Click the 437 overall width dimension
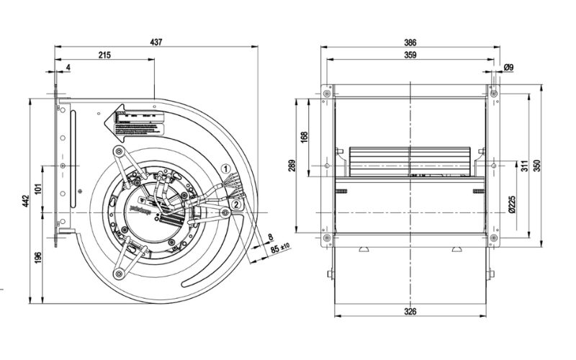[156, 42]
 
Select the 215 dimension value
[104, 56]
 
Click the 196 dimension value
[39, 256]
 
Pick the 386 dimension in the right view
[410, 42]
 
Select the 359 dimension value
[410, 55]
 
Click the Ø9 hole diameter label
[508, 68]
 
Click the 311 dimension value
[524, 166]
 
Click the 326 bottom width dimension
[410, 312]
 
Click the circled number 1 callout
[225, 168]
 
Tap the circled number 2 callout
[235, 204]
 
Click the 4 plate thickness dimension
[68, 68]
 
